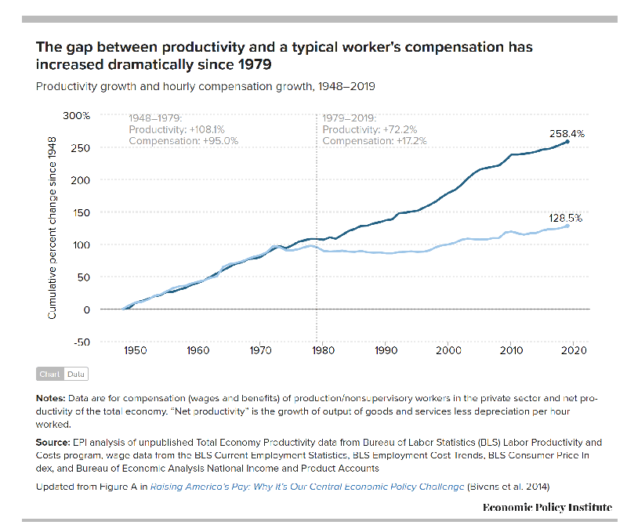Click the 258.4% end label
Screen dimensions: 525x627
tap(567, 134)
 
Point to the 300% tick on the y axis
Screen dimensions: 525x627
tap(76, 115)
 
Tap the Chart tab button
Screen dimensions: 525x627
tap(50, 375)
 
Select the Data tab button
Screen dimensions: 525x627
tap(76, 375)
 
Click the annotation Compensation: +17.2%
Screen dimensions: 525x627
tap(375, 141)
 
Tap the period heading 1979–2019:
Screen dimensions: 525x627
tap(350, 118)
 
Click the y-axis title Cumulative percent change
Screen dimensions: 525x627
tap(53, 235)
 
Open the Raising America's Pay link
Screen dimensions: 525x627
tap(306, 487)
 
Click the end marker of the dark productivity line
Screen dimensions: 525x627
tap(567, 142)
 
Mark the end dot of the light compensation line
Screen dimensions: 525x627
tap(567, 226)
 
